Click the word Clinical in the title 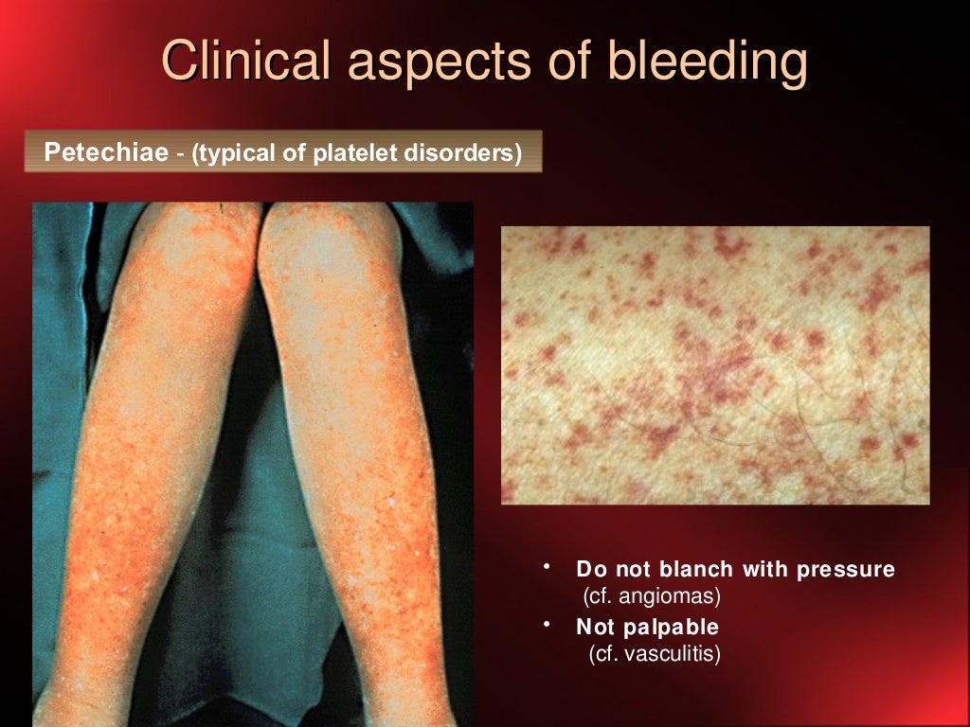pos(247,62)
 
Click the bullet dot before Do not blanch pos(547,567)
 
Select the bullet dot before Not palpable pos(547,624)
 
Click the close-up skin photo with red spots pos(715,364)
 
